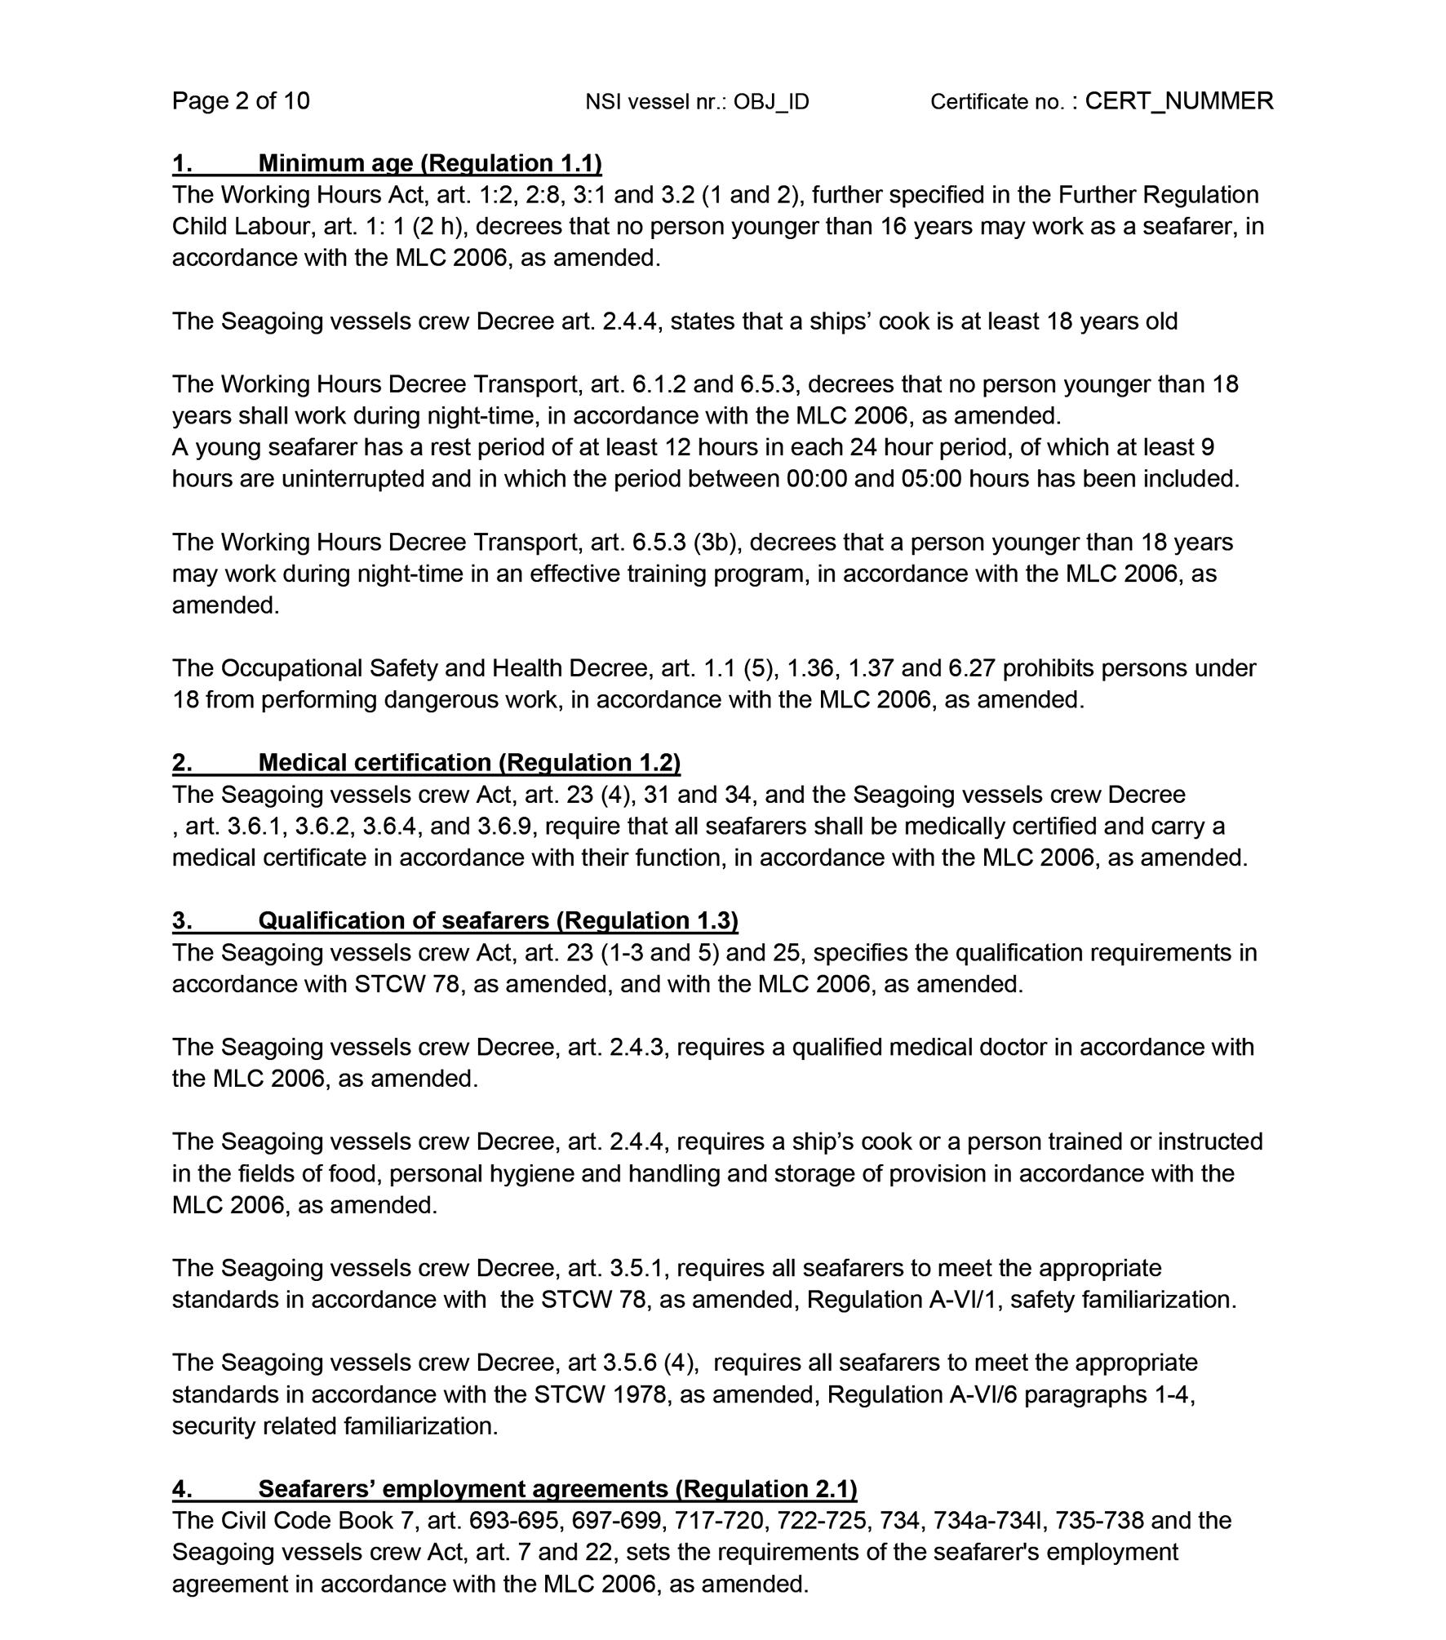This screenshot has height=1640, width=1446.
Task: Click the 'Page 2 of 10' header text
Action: coord(241,100)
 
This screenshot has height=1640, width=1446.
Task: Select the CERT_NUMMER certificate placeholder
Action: coord(1178,100)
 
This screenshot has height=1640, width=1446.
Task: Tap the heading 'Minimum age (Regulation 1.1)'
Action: coord(430,163)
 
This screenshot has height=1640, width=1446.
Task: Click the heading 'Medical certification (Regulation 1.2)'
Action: coord(469,762)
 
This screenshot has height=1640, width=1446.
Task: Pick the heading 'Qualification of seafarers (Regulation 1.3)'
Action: coord(498,920)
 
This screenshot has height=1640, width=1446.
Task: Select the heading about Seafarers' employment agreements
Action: coord(557,1489)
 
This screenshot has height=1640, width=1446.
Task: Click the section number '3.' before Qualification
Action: coord(182,920)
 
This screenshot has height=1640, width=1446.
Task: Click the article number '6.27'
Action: coord(971,668)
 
